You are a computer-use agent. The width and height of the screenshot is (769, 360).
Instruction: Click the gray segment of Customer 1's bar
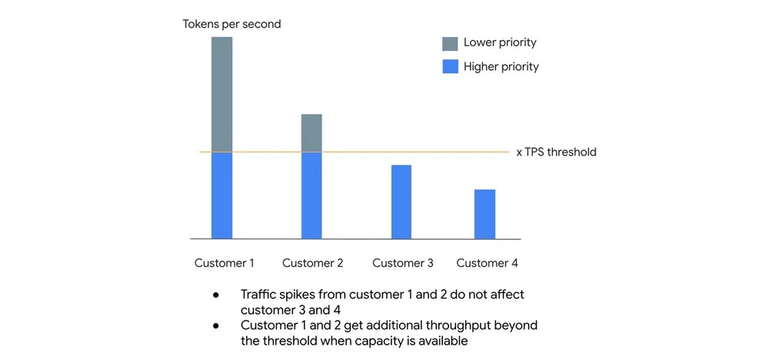pyautogui.click(x=221, y=94)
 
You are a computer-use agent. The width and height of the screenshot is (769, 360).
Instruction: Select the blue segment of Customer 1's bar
pyautogui.click(x=221, y=195)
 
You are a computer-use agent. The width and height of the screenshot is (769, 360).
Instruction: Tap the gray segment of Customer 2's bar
pyautogui.click(x=311, y=133)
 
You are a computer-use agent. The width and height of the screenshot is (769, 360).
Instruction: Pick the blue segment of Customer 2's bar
pyautogui.click(x=311, y=195)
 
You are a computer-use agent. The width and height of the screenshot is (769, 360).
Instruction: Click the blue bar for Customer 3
pyautogui.click(x=401, y=202)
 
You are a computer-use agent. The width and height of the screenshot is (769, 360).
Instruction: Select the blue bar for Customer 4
pyautogui.click(x=484, y=214)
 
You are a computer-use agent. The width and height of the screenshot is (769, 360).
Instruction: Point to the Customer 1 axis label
pyautogui.click(x=224, y=263)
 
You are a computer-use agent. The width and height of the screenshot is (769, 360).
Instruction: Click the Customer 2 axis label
pyautogui.click(x=312, y=263)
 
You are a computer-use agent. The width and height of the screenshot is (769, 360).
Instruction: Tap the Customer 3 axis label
pyautogui.click(x=402, y=263)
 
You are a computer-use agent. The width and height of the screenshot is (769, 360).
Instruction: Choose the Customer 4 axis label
pyautogui.click(x=487, y=263)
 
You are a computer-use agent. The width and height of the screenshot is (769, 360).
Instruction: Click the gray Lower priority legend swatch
pyautogui.click(x=451, y=43)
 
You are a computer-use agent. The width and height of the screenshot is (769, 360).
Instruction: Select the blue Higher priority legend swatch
pyautogui.click(x=451, y=67)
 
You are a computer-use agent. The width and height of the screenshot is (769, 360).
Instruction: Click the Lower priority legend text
pyautogui.click(x=500, y=43)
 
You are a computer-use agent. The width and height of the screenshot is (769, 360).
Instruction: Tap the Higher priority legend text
pyautogui.click(x=501, y=67)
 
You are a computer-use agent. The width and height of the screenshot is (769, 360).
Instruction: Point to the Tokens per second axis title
pyautogui.click(x=231, y=24)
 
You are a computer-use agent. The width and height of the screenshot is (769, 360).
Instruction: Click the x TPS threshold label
pyautogui.click(x=556, y=152)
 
